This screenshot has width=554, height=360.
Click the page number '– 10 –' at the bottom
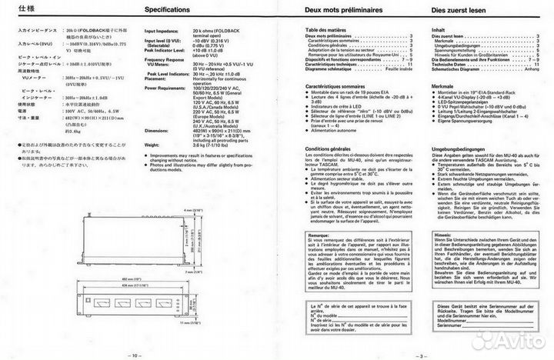click(132, 355)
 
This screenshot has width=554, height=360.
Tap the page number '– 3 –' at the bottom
click(420, 355)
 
